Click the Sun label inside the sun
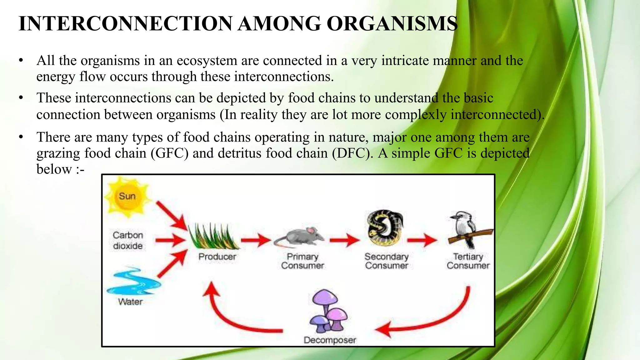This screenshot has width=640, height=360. coord(127,196)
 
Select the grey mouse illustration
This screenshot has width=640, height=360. coord(299,237)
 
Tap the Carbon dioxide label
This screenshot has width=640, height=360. coord(128,240)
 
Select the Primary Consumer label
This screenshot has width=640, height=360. coord(302,261)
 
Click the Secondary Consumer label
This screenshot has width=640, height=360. coord(387,261)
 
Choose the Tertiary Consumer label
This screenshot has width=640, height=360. coord(468,261)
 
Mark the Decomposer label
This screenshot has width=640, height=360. coord(330,340)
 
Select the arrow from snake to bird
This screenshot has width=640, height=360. coord(422,240)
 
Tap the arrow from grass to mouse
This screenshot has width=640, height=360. coord(256,240)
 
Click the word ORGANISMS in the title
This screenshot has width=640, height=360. coord(392,24)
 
